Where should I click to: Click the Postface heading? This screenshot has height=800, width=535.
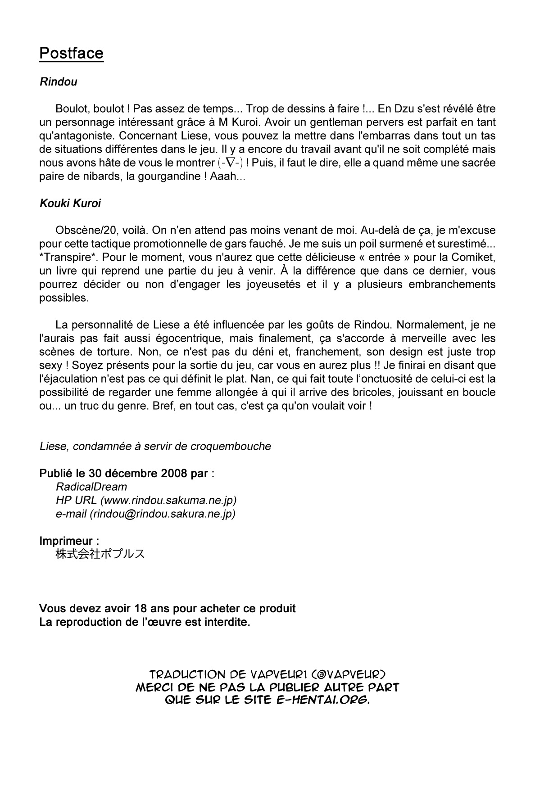71,53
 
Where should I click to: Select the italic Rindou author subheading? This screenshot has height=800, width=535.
58,82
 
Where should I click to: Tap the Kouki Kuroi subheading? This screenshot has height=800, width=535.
70,203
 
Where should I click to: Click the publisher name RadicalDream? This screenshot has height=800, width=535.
91,487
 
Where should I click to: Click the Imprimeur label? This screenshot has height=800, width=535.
66,541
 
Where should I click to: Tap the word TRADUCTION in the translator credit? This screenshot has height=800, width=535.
187,675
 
